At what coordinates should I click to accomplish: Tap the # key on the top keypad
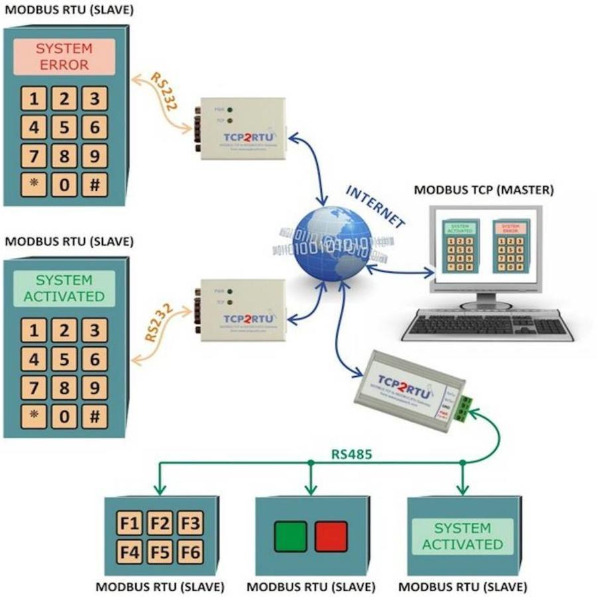[95, 184]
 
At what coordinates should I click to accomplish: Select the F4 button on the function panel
[130, 551]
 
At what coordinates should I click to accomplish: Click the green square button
[291, 536]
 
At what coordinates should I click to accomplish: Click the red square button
[330, 536]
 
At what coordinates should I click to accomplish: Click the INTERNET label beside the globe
[375, 206]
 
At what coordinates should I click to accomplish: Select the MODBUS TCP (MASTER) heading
[484, 190]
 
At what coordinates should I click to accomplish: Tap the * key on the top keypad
[33, 184]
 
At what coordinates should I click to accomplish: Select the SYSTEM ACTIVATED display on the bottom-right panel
[462, 536]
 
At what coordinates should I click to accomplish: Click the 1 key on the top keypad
[33, 99]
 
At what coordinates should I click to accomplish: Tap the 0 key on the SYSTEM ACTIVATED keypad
[64, 416]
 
